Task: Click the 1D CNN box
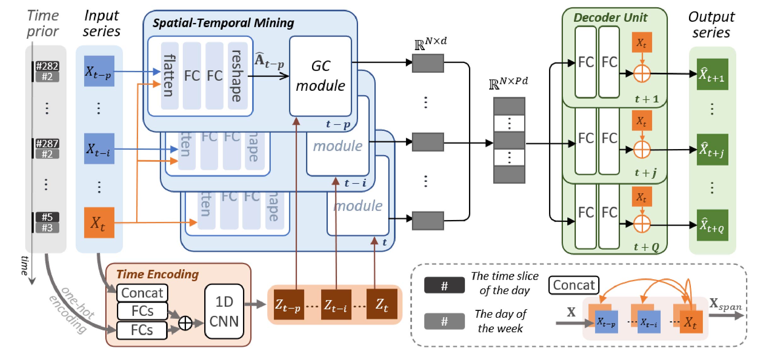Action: point(224,311)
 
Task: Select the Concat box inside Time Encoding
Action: point(142,293)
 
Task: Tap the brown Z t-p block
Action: point(288,305)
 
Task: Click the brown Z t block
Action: point(382,305)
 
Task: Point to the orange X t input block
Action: point(99,223)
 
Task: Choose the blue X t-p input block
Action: point(99,71)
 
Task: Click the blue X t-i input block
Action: point(99,149)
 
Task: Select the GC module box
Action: point(320,76)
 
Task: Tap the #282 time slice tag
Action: point(47,66)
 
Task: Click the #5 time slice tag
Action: point(47,217)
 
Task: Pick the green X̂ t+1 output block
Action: point(712,74)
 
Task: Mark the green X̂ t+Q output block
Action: point(712,225)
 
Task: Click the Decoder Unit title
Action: point(610,17)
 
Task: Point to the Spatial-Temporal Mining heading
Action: point(223,23)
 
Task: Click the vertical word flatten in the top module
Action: point(170,76)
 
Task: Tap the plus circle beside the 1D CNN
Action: point(185,323)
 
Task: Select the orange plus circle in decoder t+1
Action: point(642,74)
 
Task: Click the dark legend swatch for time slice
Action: point(444,286)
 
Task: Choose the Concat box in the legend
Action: point(574,285)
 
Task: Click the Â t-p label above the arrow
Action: point(269,61)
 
